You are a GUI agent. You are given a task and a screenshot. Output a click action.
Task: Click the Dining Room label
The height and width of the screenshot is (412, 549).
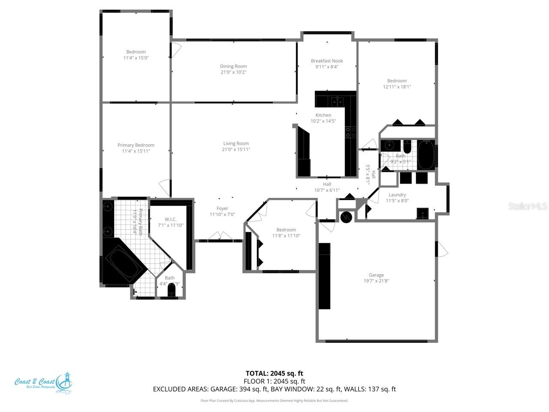point(233,66)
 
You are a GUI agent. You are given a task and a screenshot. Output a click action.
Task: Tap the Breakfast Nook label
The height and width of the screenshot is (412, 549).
point(327,61)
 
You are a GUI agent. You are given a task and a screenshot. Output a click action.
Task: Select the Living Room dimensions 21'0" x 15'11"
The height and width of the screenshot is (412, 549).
point(236,150)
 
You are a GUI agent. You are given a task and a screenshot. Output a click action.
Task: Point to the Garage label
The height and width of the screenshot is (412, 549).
point(376,275)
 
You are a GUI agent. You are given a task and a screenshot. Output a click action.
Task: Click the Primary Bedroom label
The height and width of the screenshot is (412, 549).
point(136,145)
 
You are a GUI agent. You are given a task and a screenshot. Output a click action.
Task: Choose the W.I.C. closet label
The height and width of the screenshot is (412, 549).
point(170,219)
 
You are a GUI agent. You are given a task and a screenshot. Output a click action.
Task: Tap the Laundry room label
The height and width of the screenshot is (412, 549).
point(397,195)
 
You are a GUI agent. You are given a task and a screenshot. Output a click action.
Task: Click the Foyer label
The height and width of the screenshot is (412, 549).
point(222,209)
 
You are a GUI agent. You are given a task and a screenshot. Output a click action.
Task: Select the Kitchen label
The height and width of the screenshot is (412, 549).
point(323,115)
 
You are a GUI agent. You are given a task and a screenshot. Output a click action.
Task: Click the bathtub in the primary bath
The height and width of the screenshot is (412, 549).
point(124,264)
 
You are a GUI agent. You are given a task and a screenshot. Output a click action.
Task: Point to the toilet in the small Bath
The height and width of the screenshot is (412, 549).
point(172,292)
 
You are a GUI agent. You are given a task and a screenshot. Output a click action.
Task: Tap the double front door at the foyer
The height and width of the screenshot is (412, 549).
point(219,236)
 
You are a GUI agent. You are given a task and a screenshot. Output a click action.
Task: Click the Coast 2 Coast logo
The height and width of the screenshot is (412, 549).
point(43,382)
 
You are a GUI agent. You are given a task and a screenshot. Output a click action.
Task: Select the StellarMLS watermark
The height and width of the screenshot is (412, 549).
point(528,206)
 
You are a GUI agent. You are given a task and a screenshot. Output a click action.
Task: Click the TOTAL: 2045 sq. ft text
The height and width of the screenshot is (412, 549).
point(274,373)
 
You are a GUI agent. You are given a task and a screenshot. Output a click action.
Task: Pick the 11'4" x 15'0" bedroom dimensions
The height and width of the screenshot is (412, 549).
point(136,58)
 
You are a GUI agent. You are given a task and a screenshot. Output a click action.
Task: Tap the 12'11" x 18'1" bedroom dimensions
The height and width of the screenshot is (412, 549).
point(397,87)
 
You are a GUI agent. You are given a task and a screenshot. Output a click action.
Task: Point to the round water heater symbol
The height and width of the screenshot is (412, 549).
point(346,217)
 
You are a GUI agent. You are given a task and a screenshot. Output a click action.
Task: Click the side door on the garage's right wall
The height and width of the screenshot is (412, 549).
point(442,249)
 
